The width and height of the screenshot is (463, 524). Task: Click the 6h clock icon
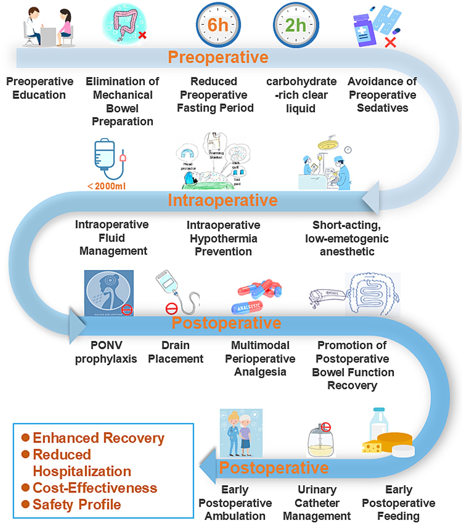click(x=218, y=25)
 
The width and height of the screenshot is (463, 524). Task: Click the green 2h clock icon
click(x=296, y=25)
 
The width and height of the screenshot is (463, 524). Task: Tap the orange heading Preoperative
click(x=218, y=57)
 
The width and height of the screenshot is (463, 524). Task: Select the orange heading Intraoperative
click(x=223, y=200)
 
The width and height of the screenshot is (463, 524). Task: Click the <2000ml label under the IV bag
click(x=107, y=186)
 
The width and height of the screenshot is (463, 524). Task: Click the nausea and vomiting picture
click(x=109, y=293)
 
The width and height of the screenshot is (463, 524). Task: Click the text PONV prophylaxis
click(x=106, y=352)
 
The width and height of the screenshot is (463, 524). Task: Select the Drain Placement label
click(x=176, y=352)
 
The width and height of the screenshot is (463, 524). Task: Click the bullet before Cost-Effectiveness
click(x=25, y=487)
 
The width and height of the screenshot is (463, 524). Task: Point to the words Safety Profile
click(x=77, y=504)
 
